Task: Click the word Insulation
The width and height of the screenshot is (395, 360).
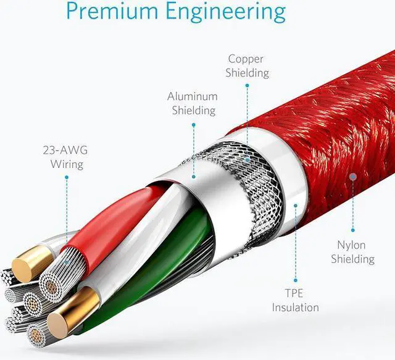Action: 296,308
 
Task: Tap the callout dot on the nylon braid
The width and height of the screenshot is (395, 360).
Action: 352,177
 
